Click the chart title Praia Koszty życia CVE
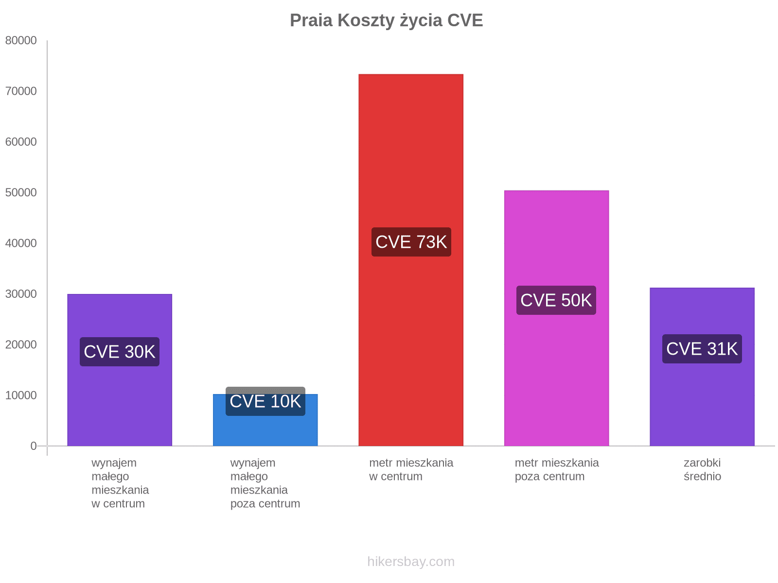pos(386,20)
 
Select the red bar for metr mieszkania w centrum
pos(411,146)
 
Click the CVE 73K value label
pos(411,242)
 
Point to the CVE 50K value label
pos(556,300)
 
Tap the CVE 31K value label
pos(702,349)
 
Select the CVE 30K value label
pos(120,352)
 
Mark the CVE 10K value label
pos(265,402)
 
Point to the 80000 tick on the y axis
pos(21,41)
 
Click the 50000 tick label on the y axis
pos(21,193)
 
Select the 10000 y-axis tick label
pos(21,395)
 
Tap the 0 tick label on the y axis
pos(33,446)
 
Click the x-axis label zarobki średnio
pos(702,469)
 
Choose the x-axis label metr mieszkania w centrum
pos(411,469)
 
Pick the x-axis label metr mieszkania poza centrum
pos(557,469)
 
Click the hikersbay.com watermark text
pos(411,562)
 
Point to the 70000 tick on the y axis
pos(21,91)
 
